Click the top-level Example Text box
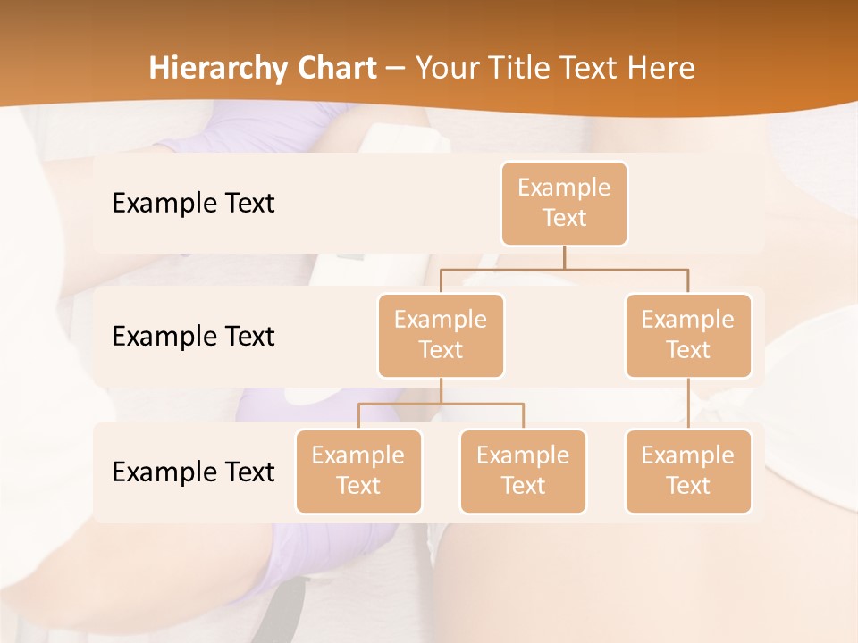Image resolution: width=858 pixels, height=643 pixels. pyautogui.click(x=564, y=203)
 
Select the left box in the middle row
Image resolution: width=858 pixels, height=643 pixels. pyautogui.click(x=441, y=335)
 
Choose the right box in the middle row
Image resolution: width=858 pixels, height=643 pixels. pyautogui.click(x=688, y=335)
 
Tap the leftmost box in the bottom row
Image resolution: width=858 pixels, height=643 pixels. pyautogui.click(x=358, y=471)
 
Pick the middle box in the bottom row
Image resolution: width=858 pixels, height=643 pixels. pyautogui.click(x=523, y=471)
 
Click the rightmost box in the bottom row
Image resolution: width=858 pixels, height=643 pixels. pyautogui.click(x=688, y=471)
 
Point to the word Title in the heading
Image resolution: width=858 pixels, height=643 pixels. pyautogui.click(x=520, y=68)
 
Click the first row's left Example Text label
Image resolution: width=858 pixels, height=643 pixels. pyautogui.click(x=193, y=203)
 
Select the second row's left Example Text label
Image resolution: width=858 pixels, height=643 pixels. pyautogui.click(x=193, y=336)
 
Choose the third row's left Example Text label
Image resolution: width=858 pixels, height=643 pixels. pyautogui.click(x=193, y=472)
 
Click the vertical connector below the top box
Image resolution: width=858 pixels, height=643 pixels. pyautogui.click(x=564, y=257)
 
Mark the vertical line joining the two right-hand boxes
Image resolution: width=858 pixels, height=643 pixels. pyautogui.click(x=688, y=404)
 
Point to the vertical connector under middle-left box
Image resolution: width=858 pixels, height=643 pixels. pyautogui.click(x=441, y=390)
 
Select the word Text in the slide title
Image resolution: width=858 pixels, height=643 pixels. pyautogui.click(x=591, y=68)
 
